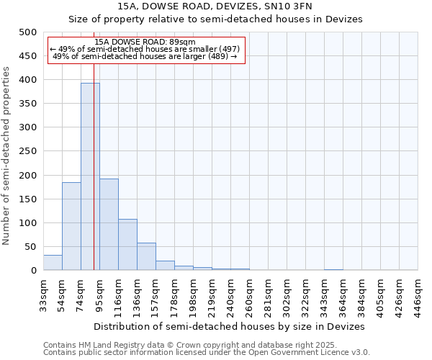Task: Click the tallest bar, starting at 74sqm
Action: (90, 176)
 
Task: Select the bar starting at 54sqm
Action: (71, 226)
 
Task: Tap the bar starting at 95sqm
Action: (109, 224)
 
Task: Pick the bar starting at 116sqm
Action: (127, 245)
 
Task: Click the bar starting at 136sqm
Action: (146, 257)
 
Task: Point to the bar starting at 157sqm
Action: (165, 266)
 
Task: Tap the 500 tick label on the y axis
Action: (28, 32)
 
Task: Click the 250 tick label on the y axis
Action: (28, 151)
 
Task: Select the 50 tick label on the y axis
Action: (31, 247)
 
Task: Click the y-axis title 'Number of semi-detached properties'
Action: (7, 156)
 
